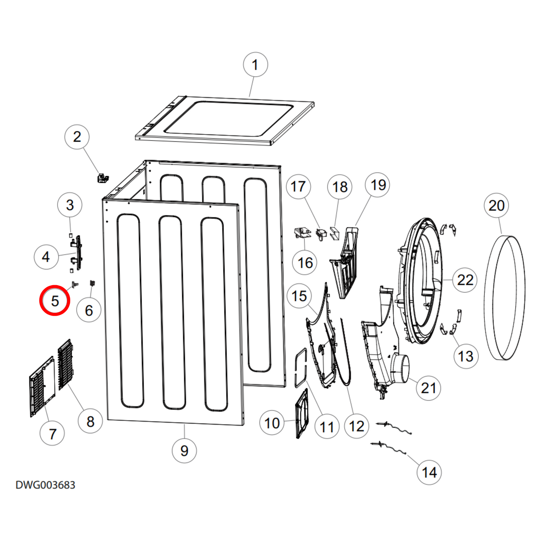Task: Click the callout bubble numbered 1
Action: click(256, 65)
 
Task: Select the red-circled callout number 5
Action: click(55, 300)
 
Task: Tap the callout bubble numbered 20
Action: click(496, 206)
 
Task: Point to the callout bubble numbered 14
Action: click(429, 472)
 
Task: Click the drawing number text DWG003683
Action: click(45, 485)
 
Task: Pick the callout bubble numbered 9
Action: click(184, 451)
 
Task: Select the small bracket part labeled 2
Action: click(102, 178)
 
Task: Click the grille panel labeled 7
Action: click(42, 387)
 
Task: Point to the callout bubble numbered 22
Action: click(465, 280)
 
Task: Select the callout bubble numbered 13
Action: click(466, 356)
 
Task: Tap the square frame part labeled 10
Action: click(302, 413)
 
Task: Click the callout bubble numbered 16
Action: click(305, 263)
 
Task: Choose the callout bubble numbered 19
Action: click(378, 185)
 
